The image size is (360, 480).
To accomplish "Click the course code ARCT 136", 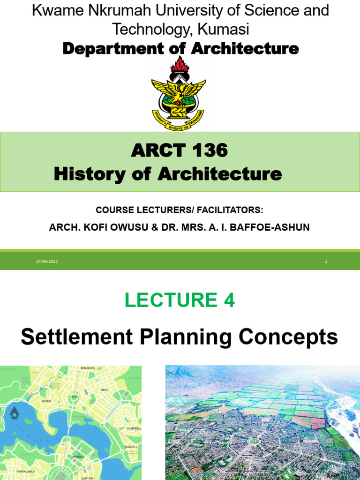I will [x=180, y=150].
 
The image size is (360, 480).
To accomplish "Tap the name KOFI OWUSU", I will [x=119, y=227].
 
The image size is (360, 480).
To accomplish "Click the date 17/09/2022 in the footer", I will [x=46, y=261].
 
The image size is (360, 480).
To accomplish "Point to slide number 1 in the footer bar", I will [x=326, y=261].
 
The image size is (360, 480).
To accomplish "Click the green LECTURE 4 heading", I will [x=180, y=300].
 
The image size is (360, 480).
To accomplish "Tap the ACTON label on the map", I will [x=46, y=401].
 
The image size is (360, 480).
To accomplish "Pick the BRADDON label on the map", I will [x=88, y=368].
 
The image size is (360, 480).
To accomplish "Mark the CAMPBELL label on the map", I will [x=134, y=428].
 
